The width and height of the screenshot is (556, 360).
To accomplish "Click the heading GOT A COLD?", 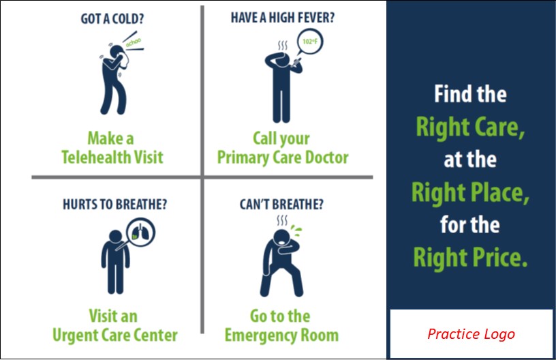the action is tap(112, 19).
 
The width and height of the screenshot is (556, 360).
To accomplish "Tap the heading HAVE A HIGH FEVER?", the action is tap(283, 18).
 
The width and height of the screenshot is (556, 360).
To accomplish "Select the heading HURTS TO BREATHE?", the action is tap(114, 205).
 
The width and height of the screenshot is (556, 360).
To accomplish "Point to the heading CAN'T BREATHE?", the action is tap(281, 205).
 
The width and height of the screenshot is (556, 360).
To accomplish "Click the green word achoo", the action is tap(134, 43).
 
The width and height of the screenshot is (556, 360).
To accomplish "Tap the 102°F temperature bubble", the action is tap(309, 42).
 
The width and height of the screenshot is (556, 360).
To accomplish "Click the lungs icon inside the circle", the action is tap(141, 232).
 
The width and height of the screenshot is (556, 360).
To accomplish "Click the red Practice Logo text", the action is tap(471, 334).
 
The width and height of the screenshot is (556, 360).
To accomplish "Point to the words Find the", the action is tap(470, 94).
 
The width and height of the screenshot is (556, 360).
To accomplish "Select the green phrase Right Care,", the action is tap(470, 127).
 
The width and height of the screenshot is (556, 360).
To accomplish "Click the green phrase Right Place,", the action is tap(470, 192).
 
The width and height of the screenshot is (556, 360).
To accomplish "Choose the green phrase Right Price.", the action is tap(470, 258).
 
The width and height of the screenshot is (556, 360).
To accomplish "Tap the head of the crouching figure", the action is tap(282, 237).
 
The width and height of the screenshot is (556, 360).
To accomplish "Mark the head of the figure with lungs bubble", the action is tap(116, 236).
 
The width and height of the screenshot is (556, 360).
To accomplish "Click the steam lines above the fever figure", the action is tap(283, 46).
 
